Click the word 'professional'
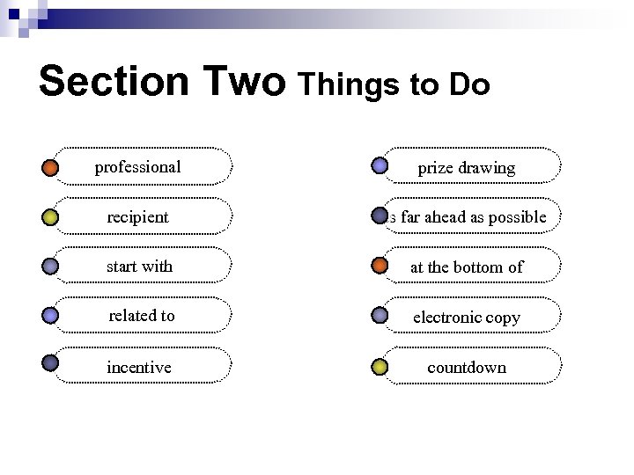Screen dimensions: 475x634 tap(137, 167)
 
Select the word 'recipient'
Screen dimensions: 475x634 tap(137, 216)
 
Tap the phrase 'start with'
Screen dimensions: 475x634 tap(139, 266)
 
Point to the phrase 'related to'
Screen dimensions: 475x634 tap(141, 315)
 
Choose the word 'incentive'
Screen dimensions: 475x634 tap(138, 367)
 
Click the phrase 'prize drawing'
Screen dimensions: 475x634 tap(466, 168)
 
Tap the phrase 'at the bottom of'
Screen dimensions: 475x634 tap(467, 267)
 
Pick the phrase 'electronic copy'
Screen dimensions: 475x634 tap(467, 317)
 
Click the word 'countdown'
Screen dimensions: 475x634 tap(467, 367)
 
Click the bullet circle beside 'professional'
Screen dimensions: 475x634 tap(50, 166)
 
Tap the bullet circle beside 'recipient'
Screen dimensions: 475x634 tap(50, 216)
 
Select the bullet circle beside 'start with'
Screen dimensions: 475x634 tap(50, 266)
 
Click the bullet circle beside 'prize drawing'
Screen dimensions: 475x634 tap(380, 165)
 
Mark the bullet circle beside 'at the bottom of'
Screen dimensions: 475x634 tap(380, 265)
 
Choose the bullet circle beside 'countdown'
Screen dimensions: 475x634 tap(380, 366)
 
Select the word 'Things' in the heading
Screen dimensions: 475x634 tap(352, 85)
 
